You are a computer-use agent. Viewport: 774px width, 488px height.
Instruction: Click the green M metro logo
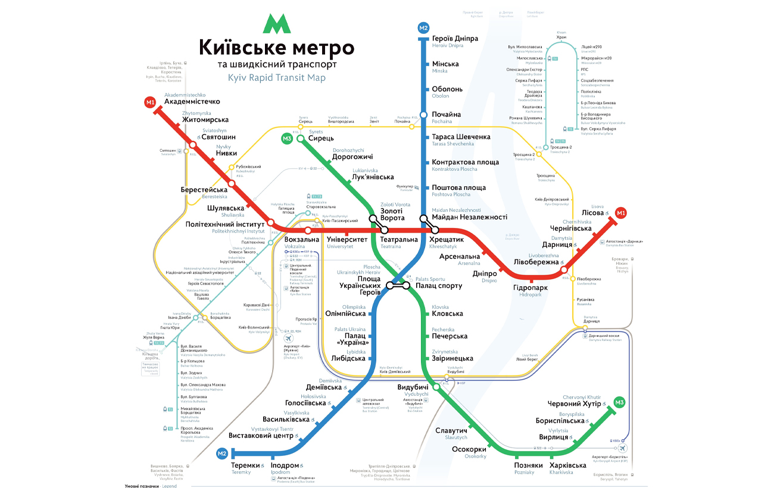(x=276, y=23)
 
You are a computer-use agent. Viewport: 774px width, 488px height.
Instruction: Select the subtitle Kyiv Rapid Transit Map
(x=276, y=78)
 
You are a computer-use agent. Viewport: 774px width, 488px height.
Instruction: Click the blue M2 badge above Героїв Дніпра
(x=423, y=28)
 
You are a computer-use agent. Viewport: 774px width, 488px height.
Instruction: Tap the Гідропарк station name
(x=530, y=287)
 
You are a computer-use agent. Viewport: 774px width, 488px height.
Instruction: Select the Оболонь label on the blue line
(x=447, y=89)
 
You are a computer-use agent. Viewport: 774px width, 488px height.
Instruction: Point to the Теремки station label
(x=246, y=465)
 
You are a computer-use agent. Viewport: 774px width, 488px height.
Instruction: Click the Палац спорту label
(x=439, y=286)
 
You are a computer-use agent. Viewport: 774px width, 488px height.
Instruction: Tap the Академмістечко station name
(x=192, y=102)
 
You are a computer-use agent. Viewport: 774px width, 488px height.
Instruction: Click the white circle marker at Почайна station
(x=423, y=115)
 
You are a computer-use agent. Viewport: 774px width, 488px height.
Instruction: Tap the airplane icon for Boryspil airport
(x=623, y=448)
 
